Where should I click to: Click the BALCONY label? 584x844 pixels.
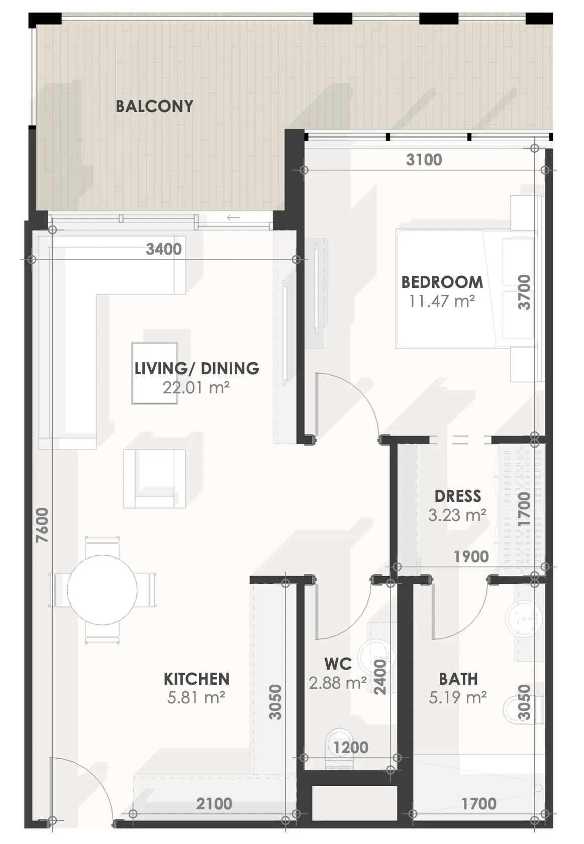pyautogui.click(x=154, y=107)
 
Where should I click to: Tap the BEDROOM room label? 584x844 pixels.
pyautogui.click(x=442, y=282)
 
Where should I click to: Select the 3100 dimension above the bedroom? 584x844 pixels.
pyautogui.click(x=424, y=160)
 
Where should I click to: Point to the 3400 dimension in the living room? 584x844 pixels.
pyautogui.click(x=164, y=249)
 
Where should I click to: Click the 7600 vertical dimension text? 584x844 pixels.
pyautogui.click(x=43, y=525)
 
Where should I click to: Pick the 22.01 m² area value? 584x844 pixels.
pyautogui.click(x=196, y=387)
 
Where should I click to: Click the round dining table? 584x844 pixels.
pyautogui.click(x=102, y=590)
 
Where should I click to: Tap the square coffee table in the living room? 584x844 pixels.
pyautogui.click(x=154, y=373)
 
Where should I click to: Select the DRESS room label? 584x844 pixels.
pyautogui.click(x=458, y=496)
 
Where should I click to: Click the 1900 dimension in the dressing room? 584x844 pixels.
pyautogui.click(x=471, y=557)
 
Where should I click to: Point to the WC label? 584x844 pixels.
pyautogui.click(x=338, y=664)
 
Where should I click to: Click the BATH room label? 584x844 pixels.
pyautogui.click(x=458, y=679)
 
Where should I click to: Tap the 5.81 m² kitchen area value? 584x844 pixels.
pyautogui.click(x=196, y=698)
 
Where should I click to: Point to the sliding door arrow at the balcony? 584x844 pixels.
pyautogui.click(x=233, y=218)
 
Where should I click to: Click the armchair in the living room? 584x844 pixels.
pyautogui.click(x=154, y=478)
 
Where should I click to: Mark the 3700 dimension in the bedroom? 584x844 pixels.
pyautogui.click(x=524, y=292)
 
